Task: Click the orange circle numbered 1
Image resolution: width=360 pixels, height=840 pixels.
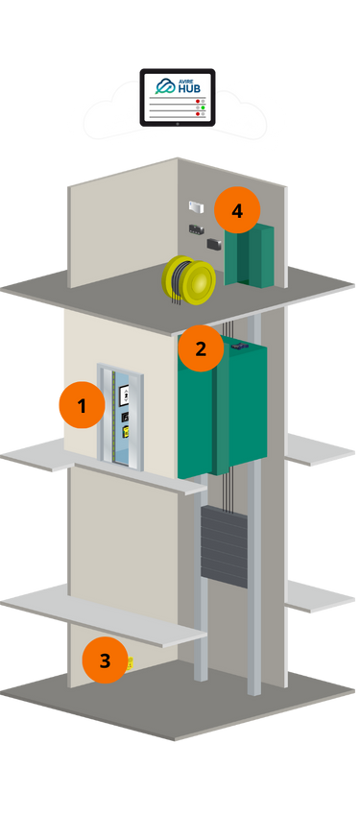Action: [82, 405]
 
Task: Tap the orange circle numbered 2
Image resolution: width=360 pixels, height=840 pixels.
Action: [201, 348]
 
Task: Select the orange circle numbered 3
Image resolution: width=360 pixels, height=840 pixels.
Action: [105, 660]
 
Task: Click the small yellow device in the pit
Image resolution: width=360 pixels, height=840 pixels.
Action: [130, 662]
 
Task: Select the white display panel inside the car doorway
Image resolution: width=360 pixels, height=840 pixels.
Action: [123, 394]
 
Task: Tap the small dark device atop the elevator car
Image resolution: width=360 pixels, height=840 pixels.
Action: [236, 344]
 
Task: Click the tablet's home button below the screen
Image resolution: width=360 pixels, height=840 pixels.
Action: [178, 123]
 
